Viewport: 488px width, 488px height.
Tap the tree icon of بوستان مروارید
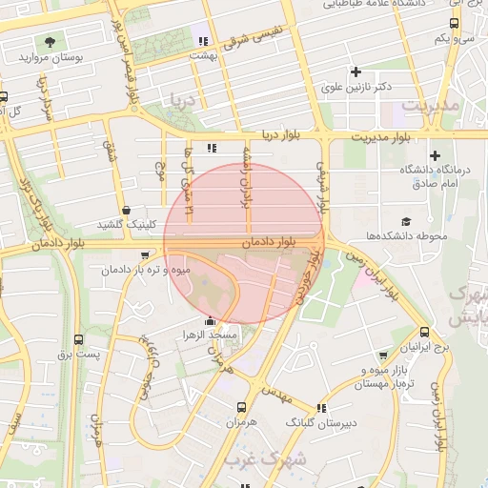[49, 42]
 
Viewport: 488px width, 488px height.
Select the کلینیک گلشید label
[125, 225]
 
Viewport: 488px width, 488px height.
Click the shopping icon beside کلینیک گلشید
[126, 211]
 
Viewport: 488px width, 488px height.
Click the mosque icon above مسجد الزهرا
[210, 322]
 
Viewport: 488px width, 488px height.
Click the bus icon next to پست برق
[78, 339]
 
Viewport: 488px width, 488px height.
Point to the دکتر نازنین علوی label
[357, 87]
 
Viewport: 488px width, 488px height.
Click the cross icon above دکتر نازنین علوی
[356, 71]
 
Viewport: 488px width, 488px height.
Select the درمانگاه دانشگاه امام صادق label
[436, 175]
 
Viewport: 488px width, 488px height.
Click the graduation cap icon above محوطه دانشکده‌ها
[406, 221]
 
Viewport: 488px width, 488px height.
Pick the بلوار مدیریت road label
[380, 137]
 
